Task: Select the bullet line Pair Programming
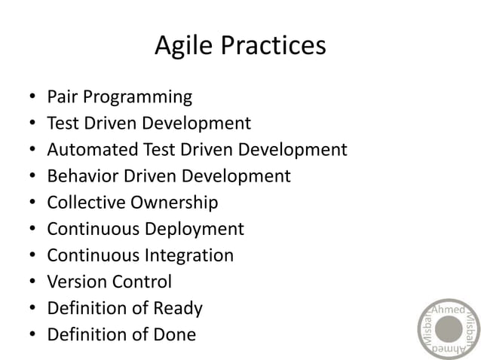pos(119,97)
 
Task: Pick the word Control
pos(142,282)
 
